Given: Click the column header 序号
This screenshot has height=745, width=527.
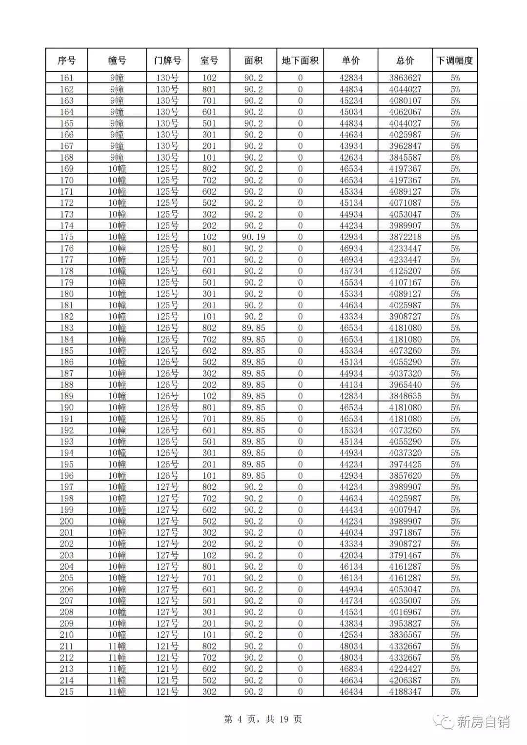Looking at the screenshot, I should (x=66, y=60).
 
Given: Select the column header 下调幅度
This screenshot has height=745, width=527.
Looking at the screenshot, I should (x=455, y=60).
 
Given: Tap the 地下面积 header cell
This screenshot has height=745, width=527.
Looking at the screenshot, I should (x=300, y=60).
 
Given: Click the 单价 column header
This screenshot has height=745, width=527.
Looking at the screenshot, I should (x=351, y=60).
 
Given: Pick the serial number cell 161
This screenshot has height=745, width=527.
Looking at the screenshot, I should (x=66, y=78).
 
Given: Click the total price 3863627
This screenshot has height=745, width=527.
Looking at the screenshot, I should (x=405, y=78).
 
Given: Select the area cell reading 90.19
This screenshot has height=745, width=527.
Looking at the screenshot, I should (x=253, y=237).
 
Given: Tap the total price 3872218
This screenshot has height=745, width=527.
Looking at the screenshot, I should (x=405, y=237).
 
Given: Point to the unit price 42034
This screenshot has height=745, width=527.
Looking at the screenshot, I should (x=351, y=555).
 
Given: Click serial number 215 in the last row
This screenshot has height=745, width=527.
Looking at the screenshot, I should (x=66, y=692).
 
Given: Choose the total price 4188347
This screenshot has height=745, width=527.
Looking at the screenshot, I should (x=405, y=692).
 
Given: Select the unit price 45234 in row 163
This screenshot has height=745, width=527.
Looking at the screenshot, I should (x=351, y=101).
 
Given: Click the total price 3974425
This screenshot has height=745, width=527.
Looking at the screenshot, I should (x=405, y=464).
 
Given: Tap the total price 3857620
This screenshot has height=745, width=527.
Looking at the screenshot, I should (x=405, y=476).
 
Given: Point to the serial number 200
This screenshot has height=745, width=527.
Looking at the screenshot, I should (x=66, y=521).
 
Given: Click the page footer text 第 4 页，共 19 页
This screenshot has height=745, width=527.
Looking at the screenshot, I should (x=263, y=719).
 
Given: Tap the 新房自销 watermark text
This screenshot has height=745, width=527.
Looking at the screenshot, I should (x=483, y=722).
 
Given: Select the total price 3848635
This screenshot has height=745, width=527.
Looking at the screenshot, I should (x=405, y=396).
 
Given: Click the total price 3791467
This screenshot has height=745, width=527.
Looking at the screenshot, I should (x=405, y=555).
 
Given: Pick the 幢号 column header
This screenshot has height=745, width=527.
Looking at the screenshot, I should (x=117, y=60).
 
